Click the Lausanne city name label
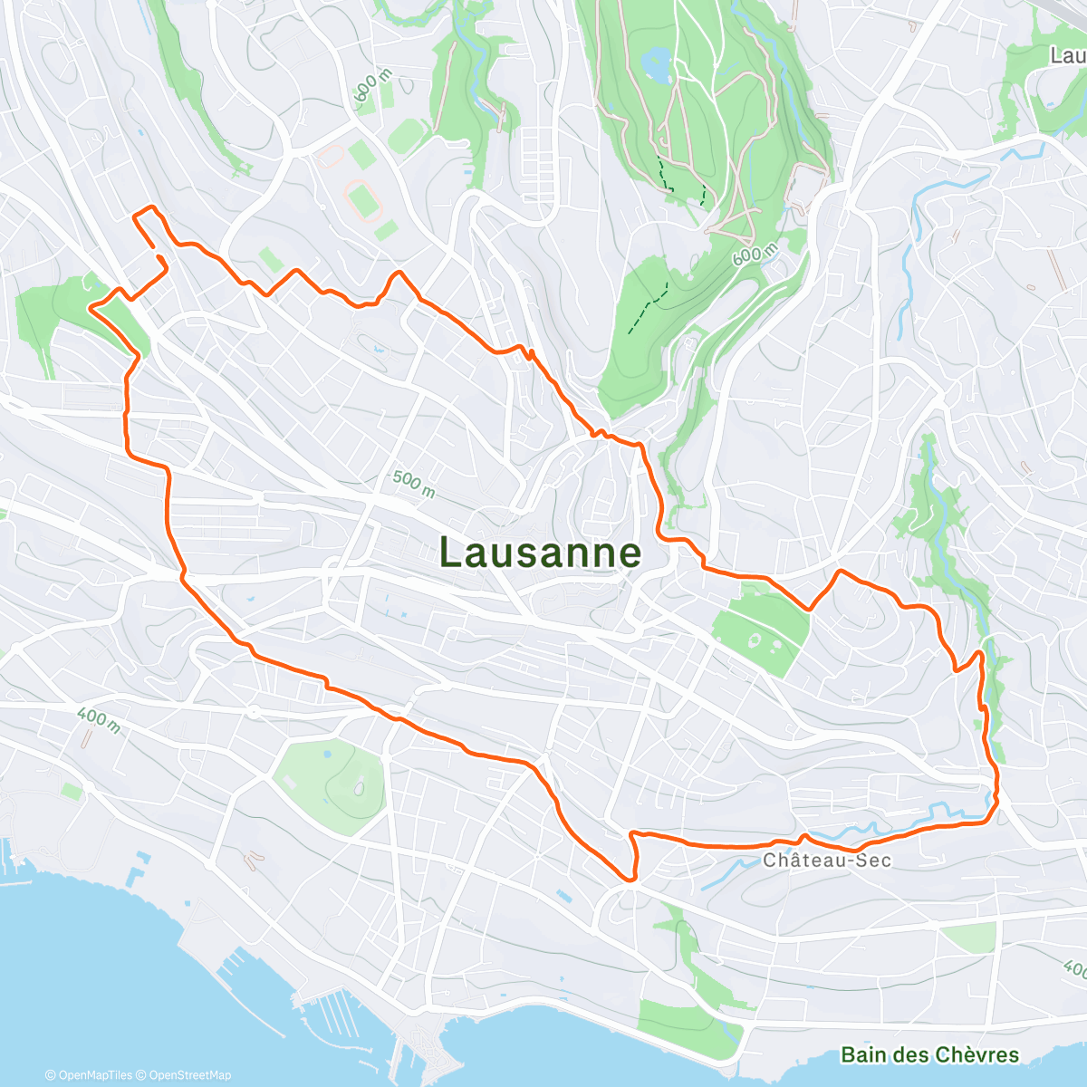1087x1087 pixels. pyautogui.click(x=541, y=553)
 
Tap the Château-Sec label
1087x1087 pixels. pyautogui.click(x=827, y=860)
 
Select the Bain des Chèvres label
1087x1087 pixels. pyautogui.click(x=929, y=1054)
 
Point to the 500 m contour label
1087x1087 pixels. pyautogui.click(x=413, y=484)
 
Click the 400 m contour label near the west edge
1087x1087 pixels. pyautogui.click(x=98, y=720)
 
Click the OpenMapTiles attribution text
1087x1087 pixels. pyautogui.click(x=89, y=1075)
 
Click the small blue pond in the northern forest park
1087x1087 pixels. pyautogui.click(x=654, y=64)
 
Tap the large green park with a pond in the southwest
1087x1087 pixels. pyautogui.click(x=331, y=784)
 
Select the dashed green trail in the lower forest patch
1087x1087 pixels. pyautogui.click(x=649, y=308)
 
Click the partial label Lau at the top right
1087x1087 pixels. pyautogui.click(x=1067, y=55)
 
